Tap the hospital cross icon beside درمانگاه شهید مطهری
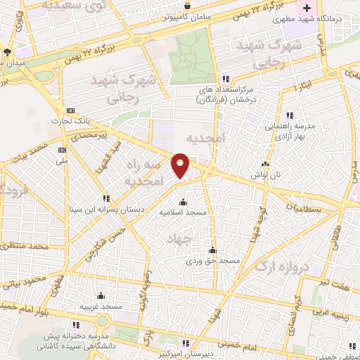click(x=307, y=8)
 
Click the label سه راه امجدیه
click(x=148, y=172)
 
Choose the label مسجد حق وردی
click(x=219, y=261)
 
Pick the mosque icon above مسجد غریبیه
click(x=101, y=295)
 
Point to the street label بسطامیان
click(x=307, y=209)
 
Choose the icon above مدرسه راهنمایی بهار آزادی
click(x=290, y=115)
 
